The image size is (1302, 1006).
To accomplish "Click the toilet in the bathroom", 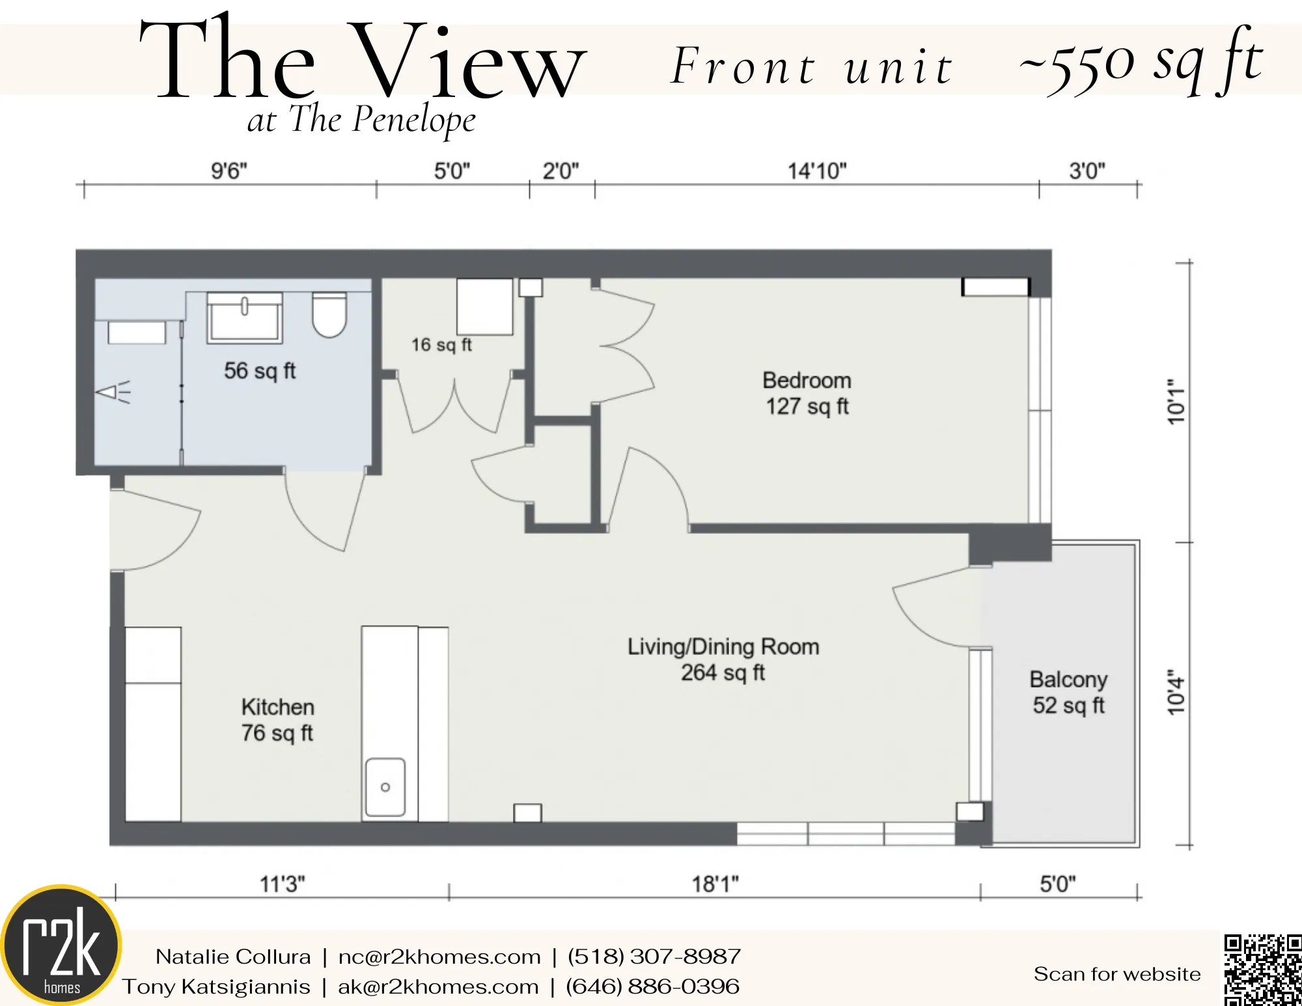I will [329, 314].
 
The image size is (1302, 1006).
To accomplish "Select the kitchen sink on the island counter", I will [385, 787].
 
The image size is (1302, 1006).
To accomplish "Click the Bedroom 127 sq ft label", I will [807, 393].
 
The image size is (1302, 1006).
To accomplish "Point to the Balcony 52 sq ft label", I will [1068, 692].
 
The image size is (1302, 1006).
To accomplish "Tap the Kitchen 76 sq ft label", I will [277, 720].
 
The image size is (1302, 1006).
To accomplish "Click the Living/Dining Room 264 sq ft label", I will [723, 659].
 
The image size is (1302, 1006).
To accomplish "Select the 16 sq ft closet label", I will [441, 344].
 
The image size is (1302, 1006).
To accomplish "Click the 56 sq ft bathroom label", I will [260, 370].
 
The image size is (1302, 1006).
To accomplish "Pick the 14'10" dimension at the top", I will [817, 171].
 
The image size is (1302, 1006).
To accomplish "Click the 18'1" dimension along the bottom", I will [715, 884].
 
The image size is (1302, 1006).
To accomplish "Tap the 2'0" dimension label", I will [561, 171].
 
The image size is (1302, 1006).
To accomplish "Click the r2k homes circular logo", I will [62, 945].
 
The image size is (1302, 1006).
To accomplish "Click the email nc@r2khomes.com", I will [439, 957].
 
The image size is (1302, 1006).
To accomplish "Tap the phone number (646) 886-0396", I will [652, 986].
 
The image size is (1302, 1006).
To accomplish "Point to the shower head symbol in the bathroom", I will [113, 392].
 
